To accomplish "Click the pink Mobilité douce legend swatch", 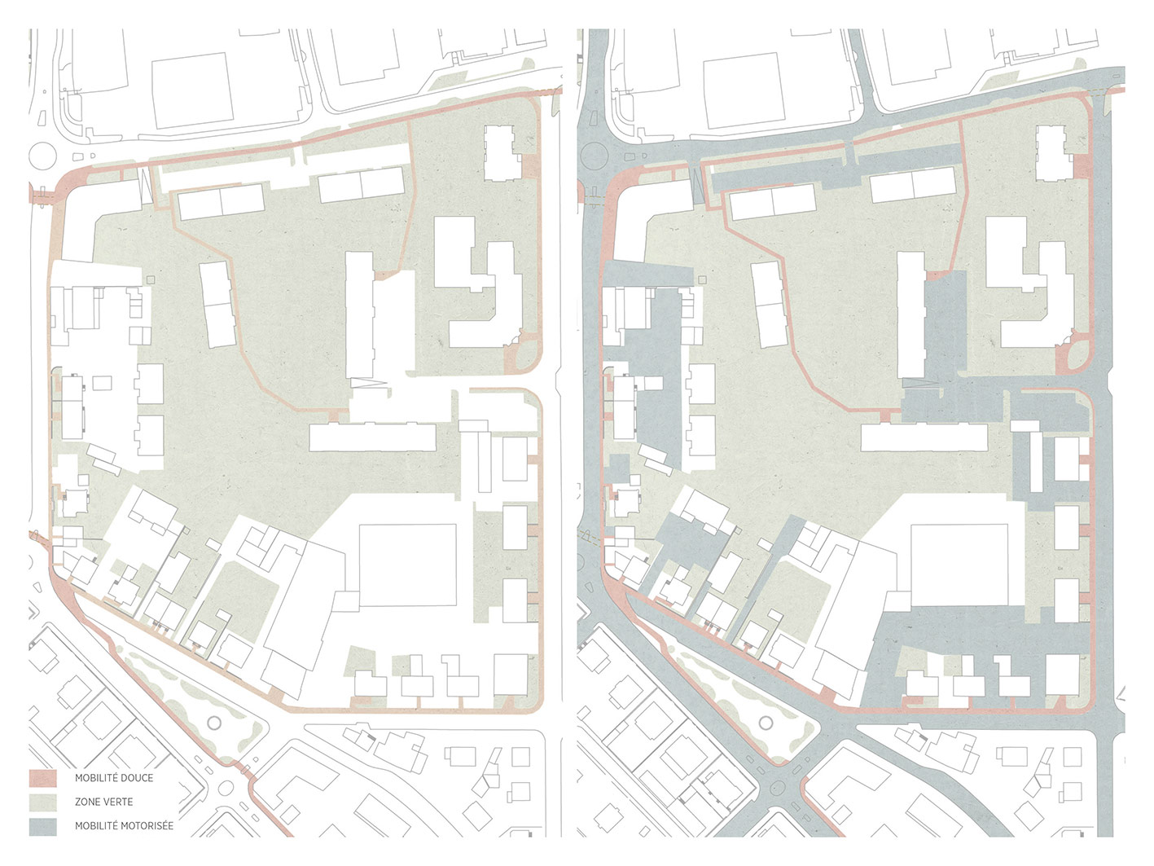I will coord(42,778).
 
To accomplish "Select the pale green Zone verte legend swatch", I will coord(42,802).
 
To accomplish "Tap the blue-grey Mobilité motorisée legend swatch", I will coord(42,825).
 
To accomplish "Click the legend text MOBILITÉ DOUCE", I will coord(113,778).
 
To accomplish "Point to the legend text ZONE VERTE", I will coord(103,802).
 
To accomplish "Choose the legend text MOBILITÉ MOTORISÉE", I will coord(124,825).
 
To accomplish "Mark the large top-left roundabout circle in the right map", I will coord(594,155).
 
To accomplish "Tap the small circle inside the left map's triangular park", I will coord(215,722).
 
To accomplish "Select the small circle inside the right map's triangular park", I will coord(766,722).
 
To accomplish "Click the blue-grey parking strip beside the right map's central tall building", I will coord(946,326).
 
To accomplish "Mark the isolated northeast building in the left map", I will coord(499,152).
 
